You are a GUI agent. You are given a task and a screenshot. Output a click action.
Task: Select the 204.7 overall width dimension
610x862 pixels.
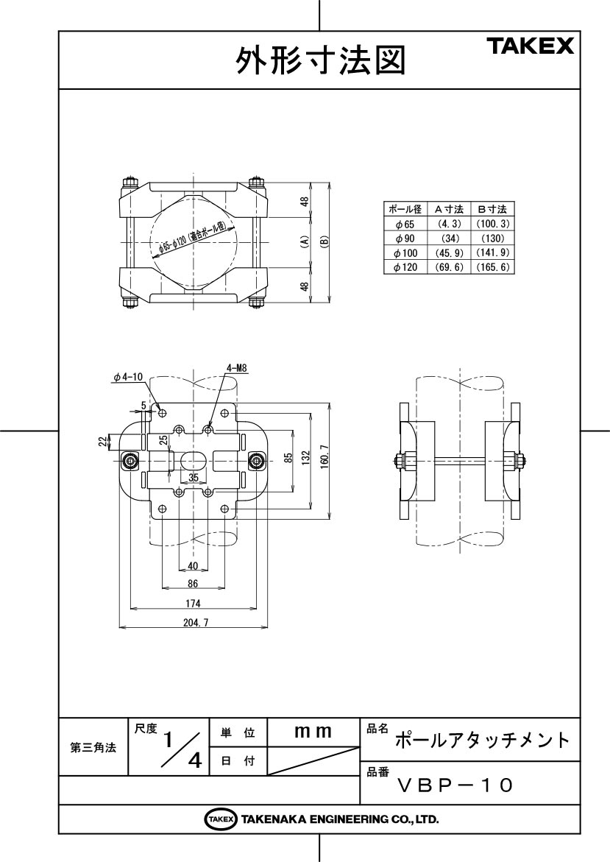click(x=194, y=622)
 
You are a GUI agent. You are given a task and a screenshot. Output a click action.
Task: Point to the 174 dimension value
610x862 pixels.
click(x=193, y=603)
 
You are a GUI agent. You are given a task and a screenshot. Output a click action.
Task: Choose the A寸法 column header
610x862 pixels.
click(x=448, y=209)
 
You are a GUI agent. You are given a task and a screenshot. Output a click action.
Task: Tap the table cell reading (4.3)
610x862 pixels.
click(x=448, y=223)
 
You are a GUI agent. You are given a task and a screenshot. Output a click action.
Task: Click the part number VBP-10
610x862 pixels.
click(x=453, y=785)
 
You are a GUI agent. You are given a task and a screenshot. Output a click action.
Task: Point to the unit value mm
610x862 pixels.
click(x=313, y=732)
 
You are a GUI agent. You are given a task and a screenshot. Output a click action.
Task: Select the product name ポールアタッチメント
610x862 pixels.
click(x=482, y=739)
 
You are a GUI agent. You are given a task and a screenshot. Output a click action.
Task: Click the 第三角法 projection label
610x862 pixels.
click(x=93, y=747)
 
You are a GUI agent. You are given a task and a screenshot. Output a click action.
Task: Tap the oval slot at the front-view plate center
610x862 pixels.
click(x=193, y=461)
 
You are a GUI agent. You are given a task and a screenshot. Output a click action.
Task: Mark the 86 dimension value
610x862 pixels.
click(x=194, y=583)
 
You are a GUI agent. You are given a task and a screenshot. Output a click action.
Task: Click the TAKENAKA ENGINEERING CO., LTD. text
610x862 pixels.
click(x=339, y=819)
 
